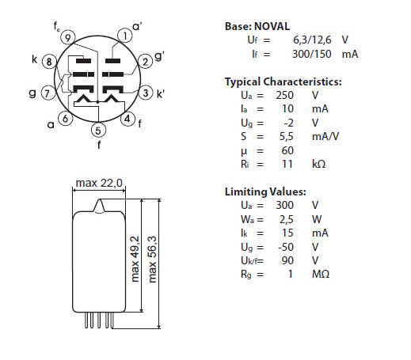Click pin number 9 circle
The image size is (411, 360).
(x=68, y=38)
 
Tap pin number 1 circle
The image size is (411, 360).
(x=125, y=36)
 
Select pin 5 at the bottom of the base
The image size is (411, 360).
(x=98, y=130)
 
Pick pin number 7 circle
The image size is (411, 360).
(x=48, y=93)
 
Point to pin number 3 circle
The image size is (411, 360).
(x=146, y=93)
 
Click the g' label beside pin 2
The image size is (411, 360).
(x=159, y=56)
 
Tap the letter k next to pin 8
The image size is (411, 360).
(x=34, y=59)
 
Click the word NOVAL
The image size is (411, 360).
(x=272, y=26)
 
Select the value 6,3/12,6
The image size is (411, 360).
(x=312, y=40)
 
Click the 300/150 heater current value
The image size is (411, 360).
(x=311, y=54)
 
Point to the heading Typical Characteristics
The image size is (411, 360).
(x=284, y=81)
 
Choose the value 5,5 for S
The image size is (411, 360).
(x=287, y=136)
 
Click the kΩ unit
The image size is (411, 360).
(x=318, y=164)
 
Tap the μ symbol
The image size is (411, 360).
(x=244, y=151)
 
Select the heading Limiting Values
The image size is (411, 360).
(x=265, y=191)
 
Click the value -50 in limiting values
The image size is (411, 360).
(x=286, y=247)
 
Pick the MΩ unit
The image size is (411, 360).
(x=321, y=274)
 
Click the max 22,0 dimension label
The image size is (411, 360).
(x=99, y=183)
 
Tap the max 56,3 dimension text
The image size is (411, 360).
(x=152, y=260)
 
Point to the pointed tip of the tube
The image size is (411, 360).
(x=100, y=199)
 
